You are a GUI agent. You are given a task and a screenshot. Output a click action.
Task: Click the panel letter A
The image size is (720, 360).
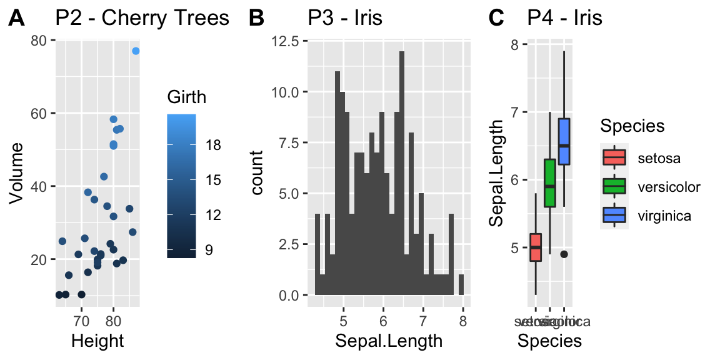pyautogui.click(x=17, y=19)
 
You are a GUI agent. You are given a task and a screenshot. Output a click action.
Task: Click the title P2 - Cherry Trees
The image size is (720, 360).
pyautogui.click(x=142, y=18)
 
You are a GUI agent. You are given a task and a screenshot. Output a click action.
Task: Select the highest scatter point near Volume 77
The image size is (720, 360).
pyautogui.click(x=136, y=51)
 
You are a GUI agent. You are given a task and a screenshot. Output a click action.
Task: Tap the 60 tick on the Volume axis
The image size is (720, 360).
pyautogui.click(x=39, y=113)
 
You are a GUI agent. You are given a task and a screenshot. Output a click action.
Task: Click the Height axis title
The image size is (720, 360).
pyautogui.click(x=97, y=341)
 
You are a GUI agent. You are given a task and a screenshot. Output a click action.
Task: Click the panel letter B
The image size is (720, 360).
pyautogui.click(x=256, y=19)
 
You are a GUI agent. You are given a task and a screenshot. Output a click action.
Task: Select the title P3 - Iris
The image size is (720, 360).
pyautogui.click(x=344, y=18)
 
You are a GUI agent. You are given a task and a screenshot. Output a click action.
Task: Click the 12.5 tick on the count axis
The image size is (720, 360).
pyautogui.click(x=288, y=41)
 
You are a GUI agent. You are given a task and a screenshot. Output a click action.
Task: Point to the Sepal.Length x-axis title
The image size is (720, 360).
pyautogui.click(x=389, y=341)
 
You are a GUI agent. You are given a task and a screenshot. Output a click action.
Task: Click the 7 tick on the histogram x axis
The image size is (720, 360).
pyautogui.click(x=423, y=321)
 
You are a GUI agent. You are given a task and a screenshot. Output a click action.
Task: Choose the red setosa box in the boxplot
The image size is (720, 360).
pyautogui.click(x=536, y=247)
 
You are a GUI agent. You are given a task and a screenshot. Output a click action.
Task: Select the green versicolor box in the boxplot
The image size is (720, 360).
pyautogui.click(x=550, y=182)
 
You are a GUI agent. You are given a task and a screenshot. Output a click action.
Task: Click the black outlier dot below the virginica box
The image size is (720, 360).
pyautogui.click(x=564, y=254)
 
